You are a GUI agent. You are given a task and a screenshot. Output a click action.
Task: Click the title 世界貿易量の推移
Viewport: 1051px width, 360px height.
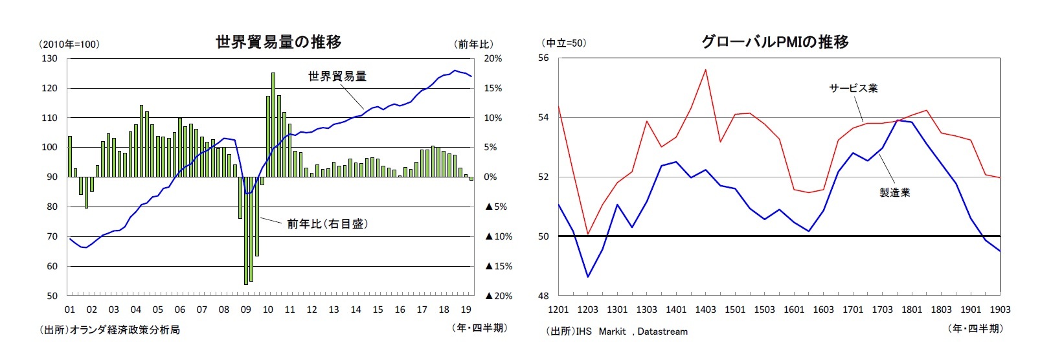tap(278, 42)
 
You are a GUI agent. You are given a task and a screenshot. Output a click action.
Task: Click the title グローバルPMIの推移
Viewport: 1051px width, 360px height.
tap(774, 42)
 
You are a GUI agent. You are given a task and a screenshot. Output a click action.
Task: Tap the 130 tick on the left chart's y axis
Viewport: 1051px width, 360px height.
tap(49, 58)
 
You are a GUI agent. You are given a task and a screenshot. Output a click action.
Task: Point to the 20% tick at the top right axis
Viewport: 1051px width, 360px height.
tap(493, 58)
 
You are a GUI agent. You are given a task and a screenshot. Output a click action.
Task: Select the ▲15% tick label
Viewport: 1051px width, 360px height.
tap(498, 266)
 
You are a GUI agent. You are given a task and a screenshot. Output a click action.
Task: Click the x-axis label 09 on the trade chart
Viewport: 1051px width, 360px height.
tap(245, 309)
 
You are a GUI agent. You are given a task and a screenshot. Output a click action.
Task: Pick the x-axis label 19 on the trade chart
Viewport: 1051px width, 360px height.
tap(466, 309)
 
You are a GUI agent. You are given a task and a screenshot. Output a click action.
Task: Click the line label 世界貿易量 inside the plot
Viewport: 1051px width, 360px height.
tap(337, 76)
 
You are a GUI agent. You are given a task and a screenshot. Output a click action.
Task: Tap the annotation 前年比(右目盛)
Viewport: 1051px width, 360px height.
tap(328, 224)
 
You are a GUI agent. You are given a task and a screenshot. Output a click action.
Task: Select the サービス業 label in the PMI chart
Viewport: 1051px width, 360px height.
tap(853, 88)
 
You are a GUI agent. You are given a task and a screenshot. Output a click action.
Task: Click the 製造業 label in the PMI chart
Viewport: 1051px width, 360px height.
tap(894, 192)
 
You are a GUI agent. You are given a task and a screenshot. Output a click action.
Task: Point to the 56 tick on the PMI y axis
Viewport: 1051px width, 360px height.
tap(543, 58)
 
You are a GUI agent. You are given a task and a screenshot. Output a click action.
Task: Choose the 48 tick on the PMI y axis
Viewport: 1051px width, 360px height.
tap(543, 296)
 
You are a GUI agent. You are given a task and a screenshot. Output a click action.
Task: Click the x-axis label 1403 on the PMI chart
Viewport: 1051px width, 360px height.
tap(705, 309)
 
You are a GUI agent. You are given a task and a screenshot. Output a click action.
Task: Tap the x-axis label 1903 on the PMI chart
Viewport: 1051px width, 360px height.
tap(1000, 309)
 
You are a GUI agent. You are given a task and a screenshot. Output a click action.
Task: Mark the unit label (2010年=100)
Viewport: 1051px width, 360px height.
tap(69, 44)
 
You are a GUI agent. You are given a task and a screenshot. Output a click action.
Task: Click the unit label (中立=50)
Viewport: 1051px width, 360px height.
tap(563, 43)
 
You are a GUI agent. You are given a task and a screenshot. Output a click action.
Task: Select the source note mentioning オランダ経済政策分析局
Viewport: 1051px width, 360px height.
tap(109, 330)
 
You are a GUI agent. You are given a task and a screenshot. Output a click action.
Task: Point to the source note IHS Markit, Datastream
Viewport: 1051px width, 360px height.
tap(616, 332)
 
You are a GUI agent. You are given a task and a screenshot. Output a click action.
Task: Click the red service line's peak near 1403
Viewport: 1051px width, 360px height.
tap(705, 69)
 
